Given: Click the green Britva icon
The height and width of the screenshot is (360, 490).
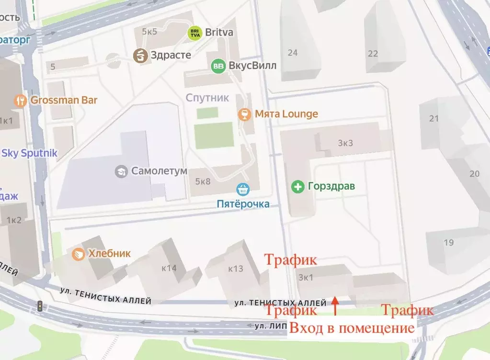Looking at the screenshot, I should coord(194,33).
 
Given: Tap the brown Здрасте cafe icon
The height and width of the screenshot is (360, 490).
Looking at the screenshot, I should coord(140,55).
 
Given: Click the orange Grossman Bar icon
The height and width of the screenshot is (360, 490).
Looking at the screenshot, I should coord(20,100).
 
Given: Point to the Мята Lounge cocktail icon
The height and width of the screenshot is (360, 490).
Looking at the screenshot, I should coord(245,114).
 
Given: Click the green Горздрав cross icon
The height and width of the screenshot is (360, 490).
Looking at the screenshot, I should coord(298,186).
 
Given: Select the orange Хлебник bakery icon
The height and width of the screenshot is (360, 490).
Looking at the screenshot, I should coord(79,254).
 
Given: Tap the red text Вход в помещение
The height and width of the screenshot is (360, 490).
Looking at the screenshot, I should coord(352,328).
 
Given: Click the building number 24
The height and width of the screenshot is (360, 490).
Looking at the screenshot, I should coord(292,53).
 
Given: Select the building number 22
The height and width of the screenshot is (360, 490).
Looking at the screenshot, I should coord(372,54).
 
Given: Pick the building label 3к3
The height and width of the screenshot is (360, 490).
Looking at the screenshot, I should coord(345,143).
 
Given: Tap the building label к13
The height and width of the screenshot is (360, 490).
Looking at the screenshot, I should coord(235,269).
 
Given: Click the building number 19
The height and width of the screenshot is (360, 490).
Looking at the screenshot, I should coord(448,243).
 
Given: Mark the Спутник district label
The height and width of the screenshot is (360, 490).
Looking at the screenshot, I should coord(207,98).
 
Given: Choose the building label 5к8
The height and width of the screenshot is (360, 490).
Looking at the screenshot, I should coord(203,181).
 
